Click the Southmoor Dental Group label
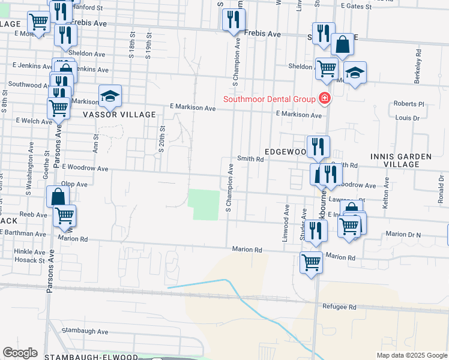pyautogui.click(x=270, y=99)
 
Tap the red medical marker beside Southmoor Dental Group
pyautogui.click(x=325, y=98)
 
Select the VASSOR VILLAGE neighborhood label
pyautogui.click(x=119, y=114)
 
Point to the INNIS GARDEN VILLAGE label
pyautogui.click(x=407, y=160)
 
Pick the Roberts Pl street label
pyautogui.click(x=409, y=104)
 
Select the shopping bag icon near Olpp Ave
pyautogui.click(x=58, y=196)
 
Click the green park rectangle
pyautogui.click(x=203, y=205)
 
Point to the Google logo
pyautogui.click(x=20, y=353)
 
